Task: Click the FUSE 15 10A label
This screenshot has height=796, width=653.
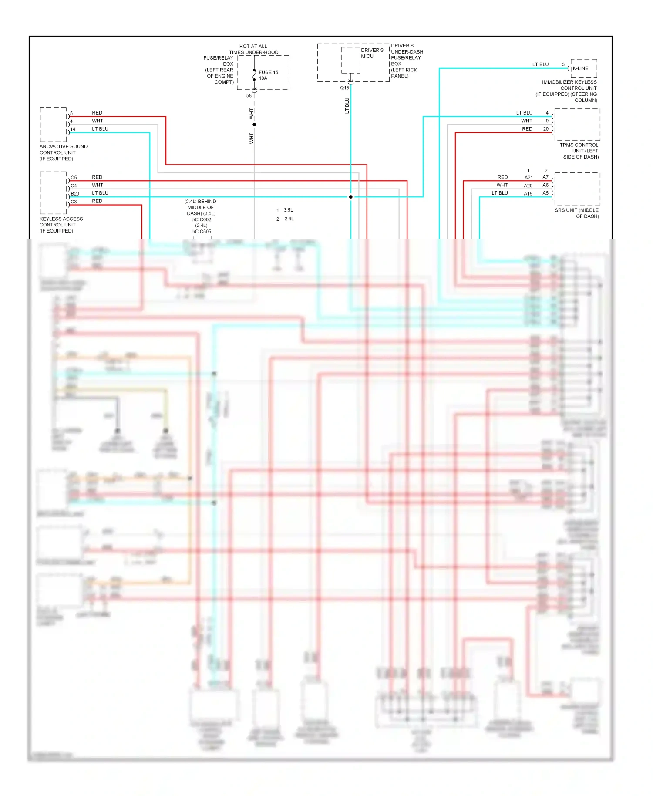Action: (x=268, y=75)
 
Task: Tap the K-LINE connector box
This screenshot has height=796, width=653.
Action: (x=583, y=68)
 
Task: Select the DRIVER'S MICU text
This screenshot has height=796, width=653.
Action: (x=372, y=53)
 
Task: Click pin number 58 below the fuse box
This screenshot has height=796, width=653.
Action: (x=249, y=95)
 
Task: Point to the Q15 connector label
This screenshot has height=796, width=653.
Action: (x=344, y=88)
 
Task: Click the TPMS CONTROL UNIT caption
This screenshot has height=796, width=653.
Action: (x=579, y=151)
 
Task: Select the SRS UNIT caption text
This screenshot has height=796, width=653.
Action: (x=577, y=213)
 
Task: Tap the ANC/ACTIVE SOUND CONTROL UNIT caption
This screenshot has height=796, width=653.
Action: (x=63, y=152)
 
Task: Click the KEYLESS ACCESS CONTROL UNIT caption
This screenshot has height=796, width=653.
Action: (x=61, y=225)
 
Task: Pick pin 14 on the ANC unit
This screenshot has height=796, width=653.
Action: (x=73, y=129)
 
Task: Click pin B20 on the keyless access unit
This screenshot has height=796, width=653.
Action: (x=75, y=193)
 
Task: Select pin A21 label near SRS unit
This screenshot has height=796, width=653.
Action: (x=528, y=178)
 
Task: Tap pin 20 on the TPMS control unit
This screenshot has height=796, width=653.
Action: (x=545, y=129)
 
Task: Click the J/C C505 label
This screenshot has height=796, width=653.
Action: (x=201, y=232)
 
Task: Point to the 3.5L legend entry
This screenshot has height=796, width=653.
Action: (x=288, y=210)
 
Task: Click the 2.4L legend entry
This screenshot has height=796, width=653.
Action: (x=289, y=219)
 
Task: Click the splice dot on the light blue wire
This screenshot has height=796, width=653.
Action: (x=351, y=197)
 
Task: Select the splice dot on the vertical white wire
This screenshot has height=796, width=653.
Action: (x=254, y=125)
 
